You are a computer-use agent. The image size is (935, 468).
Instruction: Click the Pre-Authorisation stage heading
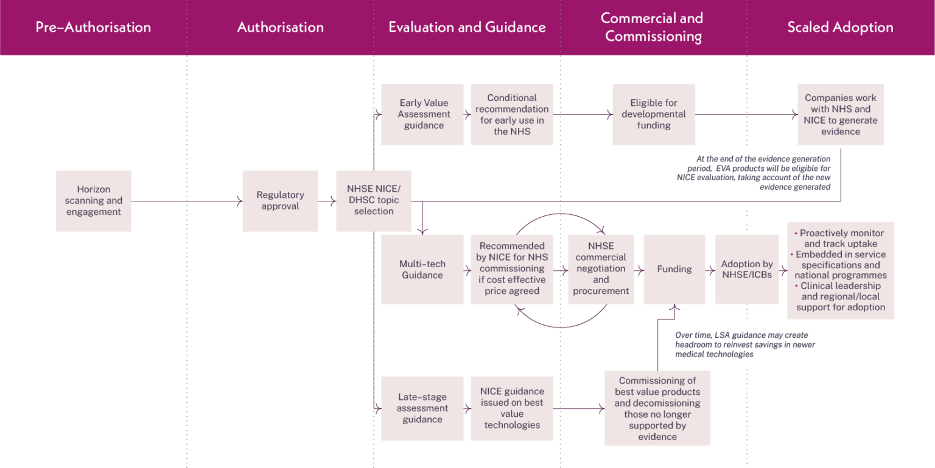(x=93, y=27)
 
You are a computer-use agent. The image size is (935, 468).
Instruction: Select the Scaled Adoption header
(x=840, y=27)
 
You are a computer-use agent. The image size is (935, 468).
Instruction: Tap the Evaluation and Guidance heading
(x=467, y=27)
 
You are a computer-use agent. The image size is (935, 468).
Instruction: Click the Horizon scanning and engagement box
(x=94, y=201)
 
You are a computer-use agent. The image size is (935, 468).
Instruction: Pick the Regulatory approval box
(x=280, y=201)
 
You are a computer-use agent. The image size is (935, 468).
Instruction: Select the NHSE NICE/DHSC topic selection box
(x=374, y=201)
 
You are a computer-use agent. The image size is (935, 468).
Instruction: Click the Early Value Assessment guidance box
(x=422, y=114)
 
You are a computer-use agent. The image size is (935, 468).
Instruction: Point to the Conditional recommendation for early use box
(x=512, y=114)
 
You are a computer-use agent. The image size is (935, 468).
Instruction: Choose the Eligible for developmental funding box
(x=653, y=114)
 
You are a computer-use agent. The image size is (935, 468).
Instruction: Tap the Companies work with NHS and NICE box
(x=841, y=114)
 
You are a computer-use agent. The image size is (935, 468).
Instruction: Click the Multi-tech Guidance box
(x=422, y=270)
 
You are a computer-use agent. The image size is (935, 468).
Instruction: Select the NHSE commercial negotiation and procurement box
(x=601, y=269)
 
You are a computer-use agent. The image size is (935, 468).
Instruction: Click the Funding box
(x=674, y=269)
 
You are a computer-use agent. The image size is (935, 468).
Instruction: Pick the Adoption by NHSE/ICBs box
(x=747, y=269)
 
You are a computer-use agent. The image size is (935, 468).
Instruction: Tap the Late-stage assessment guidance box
(x=422, y=408)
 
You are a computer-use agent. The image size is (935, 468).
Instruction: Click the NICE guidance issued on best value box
(x=512, y=408)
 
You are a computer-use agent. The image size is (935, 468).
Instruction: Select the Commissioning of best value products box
(x=657, y=408)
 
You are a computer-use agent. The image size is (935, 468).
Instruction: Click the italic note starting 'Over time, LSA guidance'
(x=745, y=344)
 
